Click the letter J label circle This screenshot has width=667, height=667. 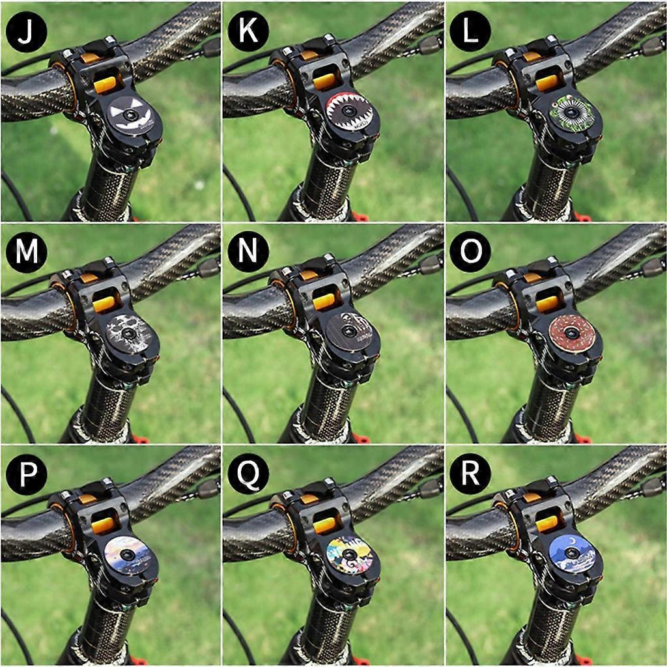(x=26, y=31)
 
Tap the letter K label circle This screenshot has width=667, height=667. (x=248, y=31)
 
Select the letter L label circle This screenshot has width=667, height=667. (x=470, y=31)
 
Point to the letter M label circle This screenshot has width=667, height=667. (x=26, y=252)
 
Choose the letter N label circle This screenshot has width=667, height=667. (x=248, y=252)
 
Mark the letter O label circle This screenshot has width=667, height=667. (x=470, y=252)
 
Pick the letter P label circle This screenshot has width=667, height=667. (x=26, y=474)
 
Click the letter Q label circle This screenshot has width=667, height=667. (x=248, y=474)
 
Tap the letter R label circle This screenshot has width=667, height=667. (x=470, y=474)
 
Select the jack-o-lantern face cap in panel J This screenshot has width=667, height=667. (x=131, y=115)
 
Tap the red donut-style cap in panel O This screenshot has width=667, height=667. (x=572, y=333)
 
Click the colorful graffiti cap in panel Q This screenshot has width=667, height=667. (x=350, y=556)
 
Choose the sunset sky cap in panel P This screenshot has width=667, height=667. (x=128, y=556)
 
